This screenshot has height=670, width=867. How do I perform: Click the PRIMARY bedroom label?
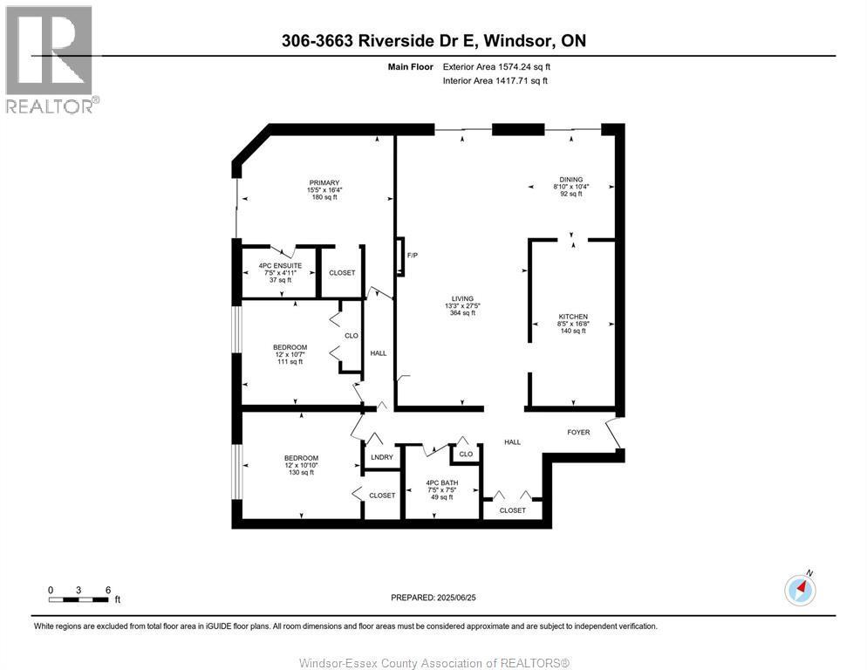point(323,183)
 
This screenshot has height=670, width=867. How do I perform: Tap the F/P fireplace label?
point(413,256)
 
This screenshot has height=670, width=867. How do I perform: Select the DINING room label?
point(571,180)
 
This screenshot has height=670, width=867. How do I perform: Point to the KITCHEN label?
point(573,317)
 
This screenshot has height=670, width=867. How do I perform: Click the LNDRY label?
point(381,457)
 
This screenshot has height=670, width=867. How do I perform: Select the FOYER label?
point(579,432)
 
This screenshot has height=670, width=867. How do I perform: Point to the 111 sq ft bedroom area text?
point(288,362)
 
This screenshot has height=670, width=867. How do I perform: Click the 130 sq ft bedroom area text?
point(300,473)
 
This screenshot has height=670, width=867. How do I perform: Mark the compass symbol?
point(800,590)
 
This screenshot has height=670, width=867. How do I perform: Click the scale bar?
point(79,599)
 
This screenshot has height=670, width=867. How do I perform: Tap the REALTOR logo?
point(50,59)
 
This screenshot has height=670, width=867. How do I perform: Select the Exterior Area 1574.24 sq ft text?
point(496,66)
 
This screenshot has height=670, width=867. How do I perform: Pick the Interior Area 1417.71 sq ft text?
point(495,81)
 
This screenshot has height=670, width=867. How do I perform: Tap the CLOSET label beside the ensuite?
point(342,273)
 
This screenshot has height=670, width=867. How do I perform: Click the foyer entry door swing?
point(616,434)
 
